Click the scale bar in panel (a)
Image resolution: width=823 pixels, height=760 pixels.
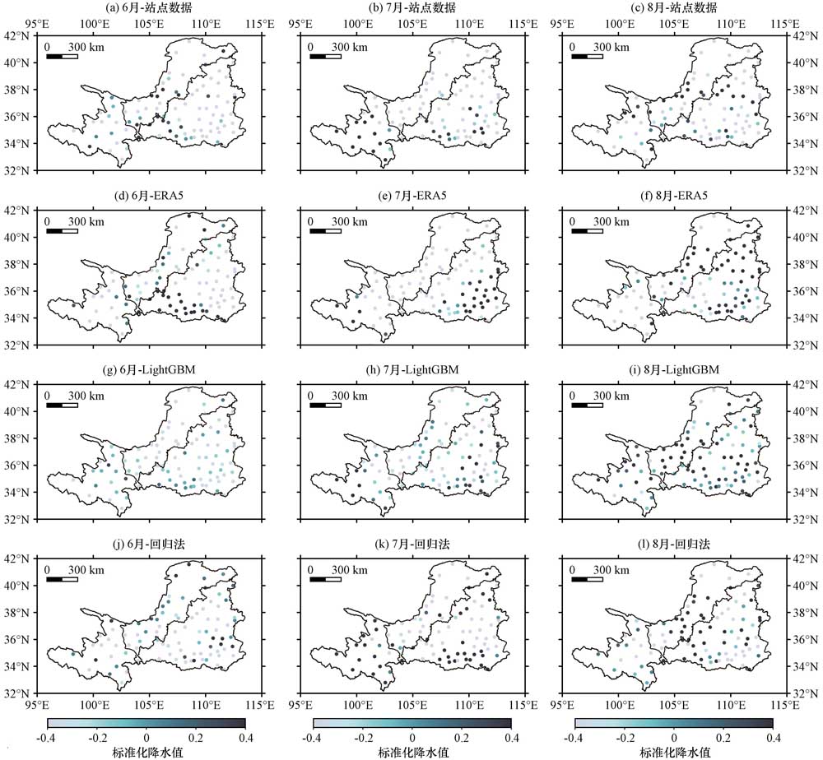(x=62, y=57)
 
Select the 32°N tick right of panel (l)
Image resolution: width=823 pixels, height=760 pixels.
(x=803, y=693)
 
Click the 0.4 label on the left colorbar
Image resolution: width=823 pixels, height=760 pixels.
(x=245, y=737)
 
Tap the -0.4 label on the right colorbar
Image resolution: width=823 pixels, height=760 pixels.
(x=575, y=737)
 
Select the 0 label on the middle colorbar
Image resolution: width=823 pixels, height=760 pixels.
(x=412, y=737)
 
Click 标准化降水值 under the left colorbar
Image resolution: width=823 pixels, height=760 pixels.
(x=146, y=752)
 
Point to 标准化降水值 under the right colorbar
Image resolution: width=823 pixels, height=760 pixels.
(x=674, y=752)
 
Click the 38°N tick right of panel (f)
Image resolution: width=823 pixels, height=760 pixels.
(x=803, y=264)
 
